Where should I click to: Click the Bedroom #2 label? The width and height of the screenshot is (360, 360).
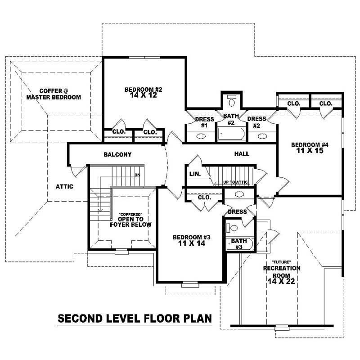tap(143, 93)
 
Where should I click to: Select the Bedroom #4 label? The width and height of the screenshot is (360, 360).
tap(310, 148)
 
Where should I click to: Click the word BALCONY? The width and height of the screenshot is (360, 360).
tap(117, 154)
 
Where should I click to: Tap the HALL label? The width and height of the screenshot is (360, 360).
tap(242, 154)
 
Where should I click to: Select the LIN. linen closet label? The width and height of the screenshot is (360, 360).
tap(195, 173)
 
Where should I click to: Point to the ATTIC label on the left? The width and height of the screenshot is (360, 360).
tap(64, 186)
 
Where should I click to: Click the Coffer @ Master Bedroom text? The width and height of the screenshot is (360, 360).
tap(53, 94)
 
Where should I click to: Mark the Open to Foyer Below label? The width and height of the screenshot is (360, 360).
tap(131, 221)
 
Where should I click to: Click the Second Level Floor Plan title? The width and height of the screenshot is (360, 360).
tap(135, 319)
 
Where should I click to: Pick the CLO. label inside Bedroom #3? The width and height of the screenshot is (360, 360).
tap(204, 197)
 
